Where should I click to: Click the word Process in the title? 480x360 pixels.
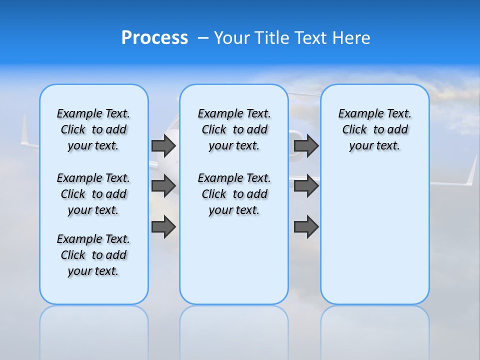[154, 38]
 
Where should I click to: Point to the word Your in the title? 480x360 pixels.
[232, 38]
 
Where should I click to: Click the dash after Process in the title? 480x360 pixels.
[202, 38]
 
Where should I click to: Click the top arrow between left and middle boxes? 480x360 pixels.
[163, 145]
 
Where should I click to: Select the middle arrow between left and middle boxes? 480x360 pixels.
[163, 186]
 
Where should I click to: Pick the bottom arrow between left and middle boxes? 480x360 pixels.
[163, 226]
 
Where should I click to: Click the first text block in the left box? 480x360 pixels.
[93, 129]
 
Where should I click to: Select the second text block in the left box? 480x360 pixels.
[93, 194]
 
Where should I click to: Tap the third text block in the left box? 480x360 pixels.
[93, 255]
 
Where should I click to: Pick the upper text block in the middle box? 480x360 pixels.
[234, 129]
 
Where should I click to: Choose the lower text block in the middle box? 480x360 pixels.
[234, 194]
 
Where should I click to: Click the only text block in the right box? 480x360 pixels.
[374, 129]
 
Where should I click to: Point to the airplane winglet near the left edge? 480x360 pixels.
[24, 131]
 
